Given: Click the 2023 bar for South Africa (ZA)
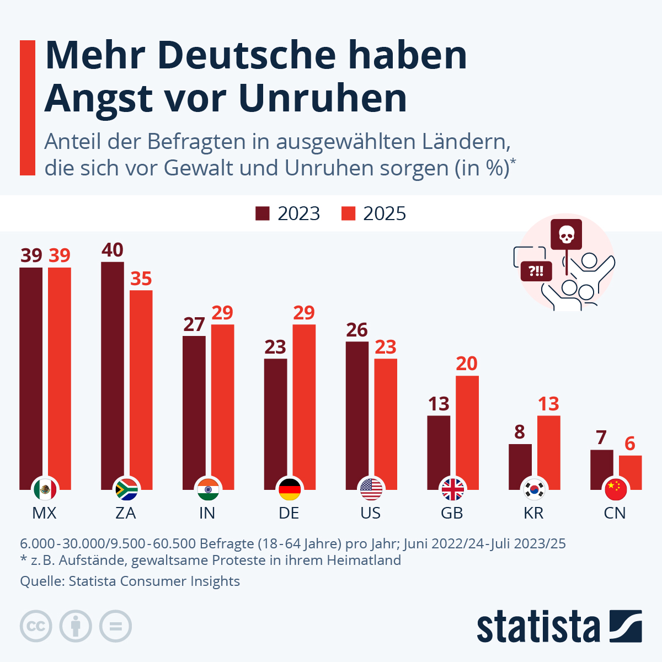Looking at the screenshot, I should pyautogui.click(x=113, y=370).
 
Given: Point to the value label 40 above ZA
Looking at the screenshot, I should pyautogui.click(x=113, y=250).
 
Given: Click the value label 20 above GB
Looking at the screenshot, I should pyautogui.click(x=467, y=364).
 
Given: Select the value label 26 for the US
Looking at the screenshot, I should pyautogui.click(x=357, y=330).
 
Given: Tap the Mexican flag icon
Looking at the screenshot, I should pyautogui.click(x=45, y=489).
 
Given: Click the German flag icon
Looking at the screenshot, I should pyautogui.click(x=289, y=489).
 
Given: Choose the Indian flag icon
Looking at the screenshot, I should pyautogui.click(x=207, y=489).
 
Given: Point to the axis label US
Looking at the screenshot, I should pyautogui.click(x=370, y=513).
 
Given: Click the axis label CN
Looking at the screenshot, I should pyautogui.click(x=615, y=513).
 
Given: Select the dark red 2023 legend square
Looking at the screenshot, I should pyautogui.click(x=263, y=213).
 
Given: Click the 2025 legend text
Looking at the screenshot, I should pyautogui.click(x=384, y=213).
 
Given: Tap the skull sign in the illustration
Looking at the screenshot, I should pyautogui.click(x=566, y=234).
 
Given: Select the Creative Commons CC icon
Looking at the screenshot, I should pyautogui.click(x=36, y=626).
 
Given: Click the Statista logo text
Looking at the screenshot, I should pyautogui.click(x=538, y=627).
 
